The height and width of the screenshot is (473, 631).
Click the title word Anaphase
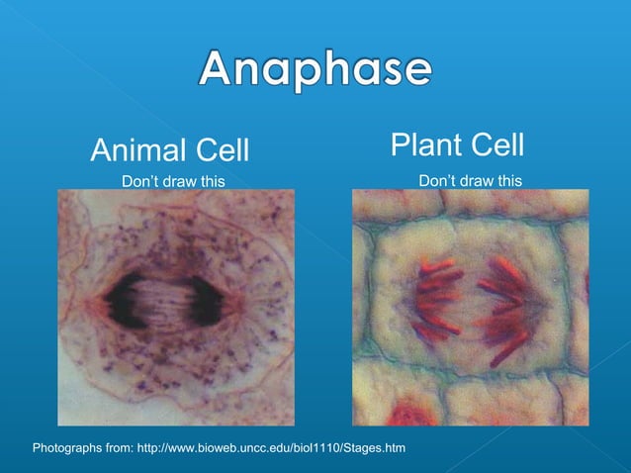coord(315,70)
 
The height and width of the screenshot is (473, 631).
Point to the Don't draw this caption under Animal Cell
coord(173,181)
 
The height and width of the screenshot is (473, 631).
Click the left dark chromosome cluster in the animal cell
coord(127,297)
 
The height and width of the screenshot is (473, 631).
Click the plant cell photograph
coord(470,307)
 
